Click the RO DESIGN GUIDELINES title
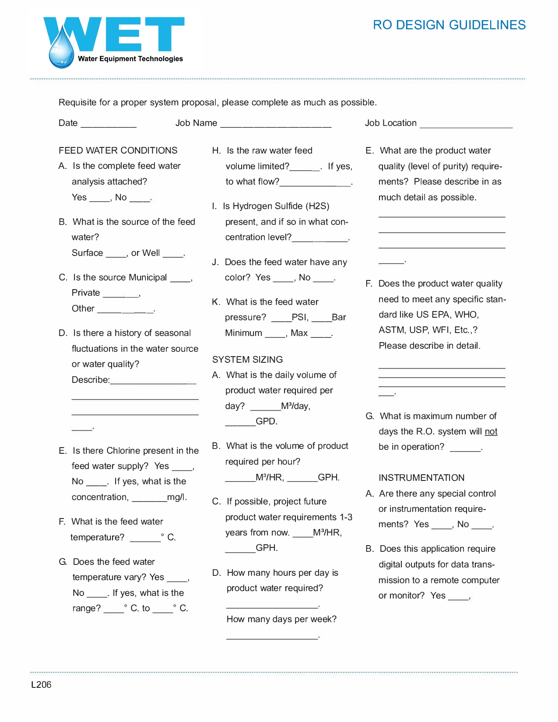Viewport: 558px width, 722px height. click(x=449, y=25)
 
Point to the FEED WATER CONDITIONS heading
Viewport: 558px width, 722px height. click(x=118, y=151)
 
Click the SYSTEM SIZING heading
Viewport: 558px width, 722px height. click(x=247, y=360)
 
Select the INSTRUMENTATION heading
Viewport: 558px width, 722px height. click(x=421, y=478)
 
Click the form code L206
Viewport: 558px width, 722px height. click(x=41, y=685)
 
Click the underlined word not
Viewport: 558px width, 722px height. click(x=491, y=432)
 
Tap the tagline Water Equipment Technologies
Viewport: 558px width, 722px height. click(x=130, y=59)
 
